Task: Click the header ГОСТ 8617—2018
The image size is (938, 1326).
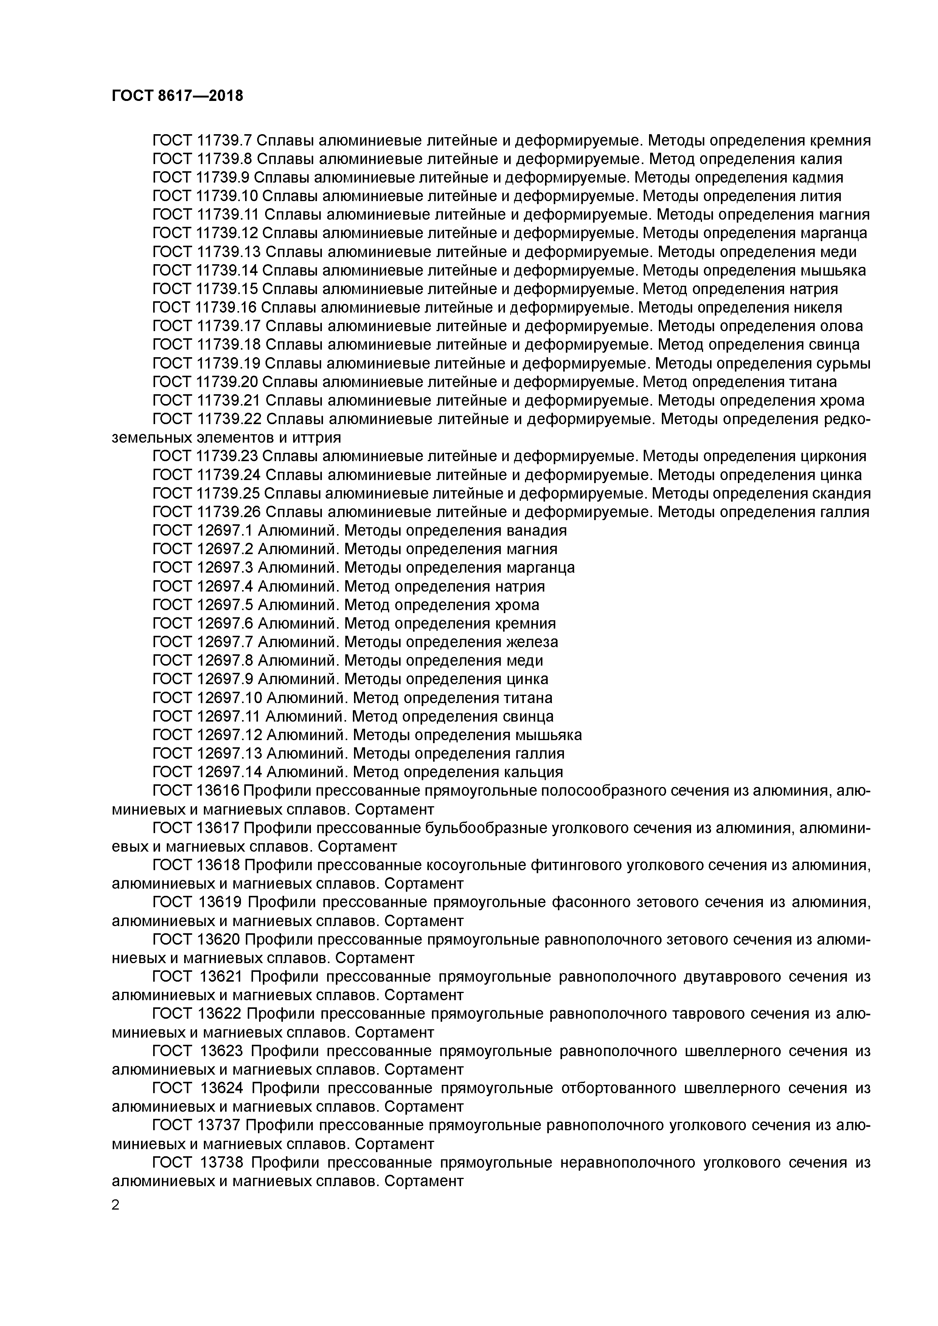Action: (x=177, y=96)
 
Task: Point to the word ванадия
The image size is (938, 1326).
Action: (x=536, y=530)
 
